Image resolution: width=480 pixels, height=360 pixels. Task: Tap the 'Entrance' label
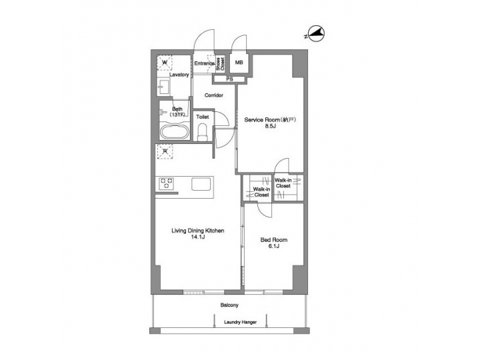pyautogui.click(x=203, y=63)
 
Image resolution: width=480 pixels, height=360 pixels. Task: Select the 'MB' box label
pyautogui.click(x=239, y=63)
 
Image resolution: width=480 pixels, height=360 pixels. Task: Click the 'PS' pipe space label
pyautogui.click(x=229, y=79)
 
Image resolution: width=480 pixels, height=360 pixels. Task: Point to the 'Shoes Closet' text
pyautogui.click(x=221, y=63)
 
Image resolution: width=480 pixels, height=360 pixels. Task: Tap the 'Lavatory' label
pyautogui.click(x=179, y=75)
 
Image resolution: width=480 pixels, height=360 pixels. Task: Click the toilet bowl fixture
pyautogui.click(x=203, y=132)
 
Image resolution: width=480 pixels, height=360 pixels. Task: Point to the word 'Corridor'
pyautogui.click(x=213, y=95)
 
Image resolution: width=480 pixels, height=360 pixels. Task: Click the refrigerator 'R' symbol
pyautogui.click(x=164, y=151)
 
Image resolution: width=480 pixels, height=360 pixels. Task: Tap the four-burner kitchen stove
pyautogui.click(x=167, y=183)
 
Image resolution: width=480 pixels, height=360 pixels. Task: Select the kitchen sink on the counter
pyautogui.click(x=202, y=183)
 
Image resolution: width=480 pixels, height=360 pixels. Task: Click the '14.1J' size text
pyautogui.click(x=198, y=237)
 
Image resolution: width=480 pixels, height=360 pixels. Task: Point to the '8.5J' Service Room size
pyautogui.click(x=270, y=125)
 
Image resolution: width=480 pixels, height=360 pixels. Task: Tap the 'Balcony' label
pyautogui.click(x=229, y=305)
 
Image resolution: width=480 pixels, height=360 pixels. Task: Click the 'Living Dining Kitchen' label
pyautogui.click(x=198, y=231)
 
